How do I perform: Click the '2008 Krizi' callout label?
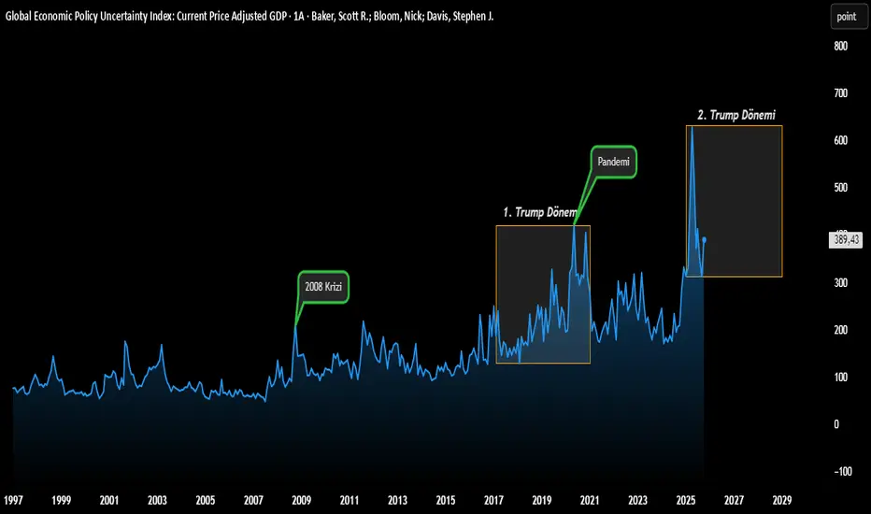pos(323,287)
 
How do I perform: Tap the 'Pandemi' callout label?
pos(613,161)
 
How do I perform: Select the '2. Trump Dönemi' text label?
pos(736,115)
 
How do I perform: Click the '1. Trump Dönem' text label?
pos(540,212)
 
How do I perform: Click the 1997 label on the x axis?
pos(13,500)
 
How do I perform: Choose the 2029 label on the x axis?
pos(783,500)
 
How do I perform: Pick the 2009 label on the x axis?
pos(302,500)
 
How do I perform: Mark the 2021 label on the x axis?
pos(591,500)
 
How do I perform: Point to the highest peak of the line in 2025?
pos(692,127)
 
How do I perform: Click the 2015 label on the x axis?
pos(446,500)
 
